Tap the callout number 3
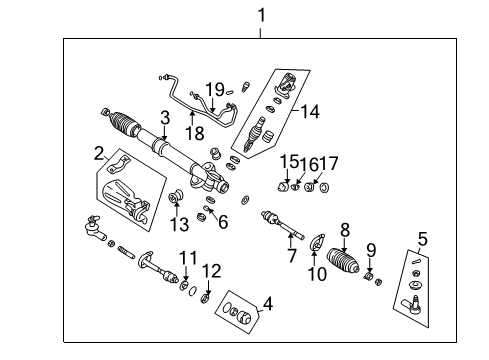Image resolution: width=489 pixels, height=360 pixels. click(x=164, y=118)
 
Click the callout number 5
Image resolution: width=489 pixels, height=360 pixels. click(x=422, y=239)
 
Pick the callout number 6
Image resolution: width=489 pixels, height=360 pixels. click(x=223, y=222)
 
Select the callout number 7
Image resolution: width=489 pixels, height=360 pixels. click(x=291, y=257)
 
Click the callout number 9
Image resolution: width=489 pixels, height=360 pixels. click(x=371, y=249)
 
